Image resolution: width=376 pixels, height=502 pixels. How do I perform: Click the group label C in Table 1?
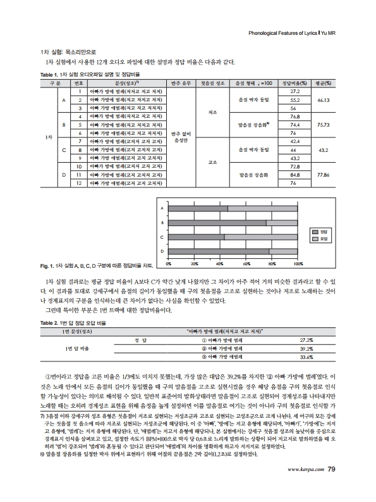[x=63, y=149]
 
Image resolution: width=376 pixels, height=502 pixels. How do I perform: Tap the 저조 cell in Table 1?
[x=212, y=112]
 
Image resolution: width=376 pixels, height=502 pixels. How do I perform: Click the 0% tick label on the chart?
[x=169, y=263]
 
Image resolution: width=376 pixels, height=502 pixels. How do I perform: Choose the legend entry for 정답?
[x=320, y=232]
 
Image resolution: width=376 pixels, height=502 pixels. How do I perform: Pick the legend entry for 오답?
[x=320, y=239]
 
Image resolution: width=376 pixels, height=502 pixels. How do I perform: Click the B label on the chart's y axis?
[x=162, y=223]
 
